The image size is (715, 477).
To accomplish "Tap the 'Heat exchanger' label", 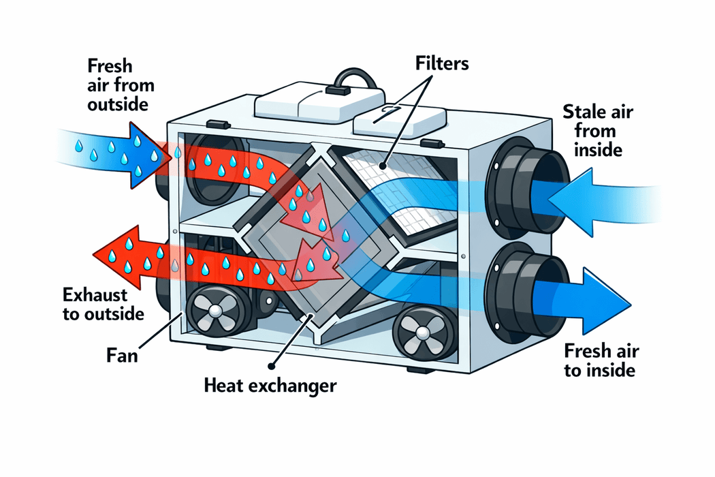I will click(x=271, y=386).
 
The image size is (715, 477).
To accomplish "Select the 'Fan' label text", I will click(x=123, y=355).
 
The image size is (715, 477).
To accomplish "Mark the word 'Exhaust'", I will click(x=89, y=295).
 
